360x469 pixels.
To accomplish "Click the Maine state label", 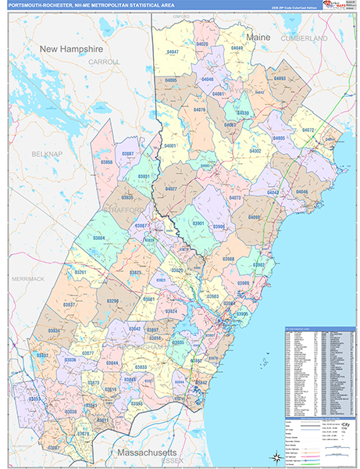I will click(258, 37).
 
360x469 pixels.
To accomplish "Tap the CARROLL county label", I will click(103, 61).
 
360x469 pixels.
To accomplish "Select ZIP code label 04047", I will click(173, 52).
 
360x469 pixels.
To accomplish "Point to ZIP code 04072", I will click(307, 130).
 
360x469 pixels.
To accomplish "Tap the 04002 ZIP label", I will click(255, 150).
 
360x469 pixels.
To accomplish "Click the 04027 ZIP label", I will click(172, 188).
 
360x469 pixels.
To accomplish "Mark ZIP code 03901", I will click(198, 224).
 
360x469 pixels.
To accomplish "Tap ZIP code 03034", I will click(54, 331).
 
